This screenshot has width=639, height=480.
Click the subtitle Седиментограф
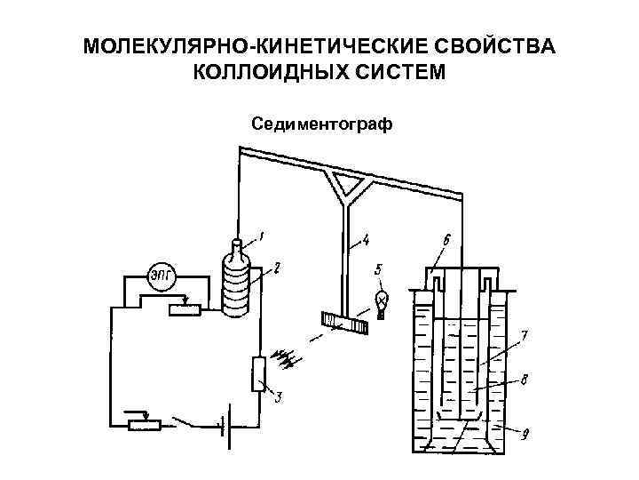pos(320,122)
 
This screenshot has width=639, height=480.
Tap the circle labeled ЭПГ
pos(162,275)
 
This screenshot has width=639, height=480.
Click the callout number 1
pos(262,236)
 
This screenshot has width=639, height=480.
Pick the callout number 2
pos(277,266)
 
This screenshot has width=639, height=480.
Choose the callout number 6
pos(446,240)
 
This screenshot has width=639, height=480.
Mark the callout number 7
pos(525,337)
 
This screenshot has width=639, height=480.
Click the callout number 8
pos(525,380)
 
